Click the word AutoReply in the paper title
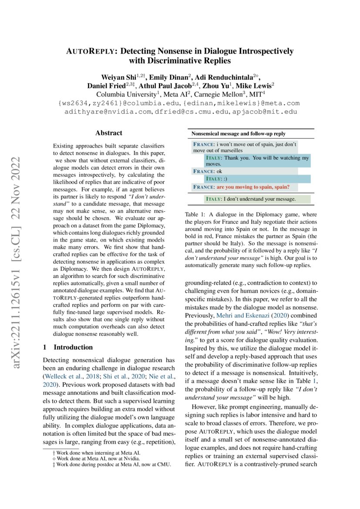(89, 51)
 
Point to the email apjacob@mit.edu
(269, 112)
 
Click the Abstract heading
(108, 133)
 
